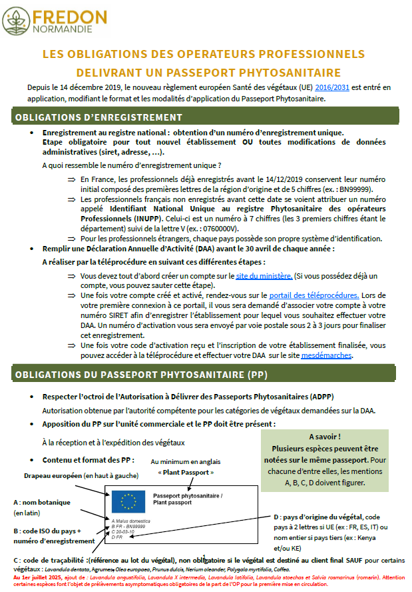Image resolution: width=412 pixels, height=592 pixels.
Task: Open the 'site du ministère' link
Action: click(264, 275)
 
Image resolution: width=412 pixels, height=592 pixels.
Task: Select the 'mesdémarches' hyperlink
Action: click(326, 355)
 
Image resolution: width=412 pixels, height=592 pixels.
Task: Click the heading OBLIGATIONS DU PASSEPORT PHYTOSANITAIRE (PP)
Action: click(141, 374)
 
